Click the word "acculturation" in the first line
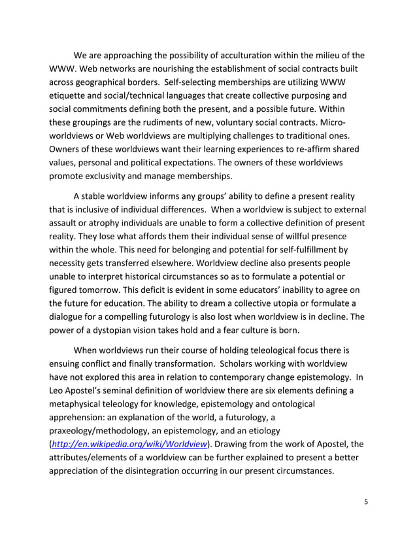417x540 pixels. click(238, 55)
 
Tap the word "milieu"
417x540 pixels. click(324, 55)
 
